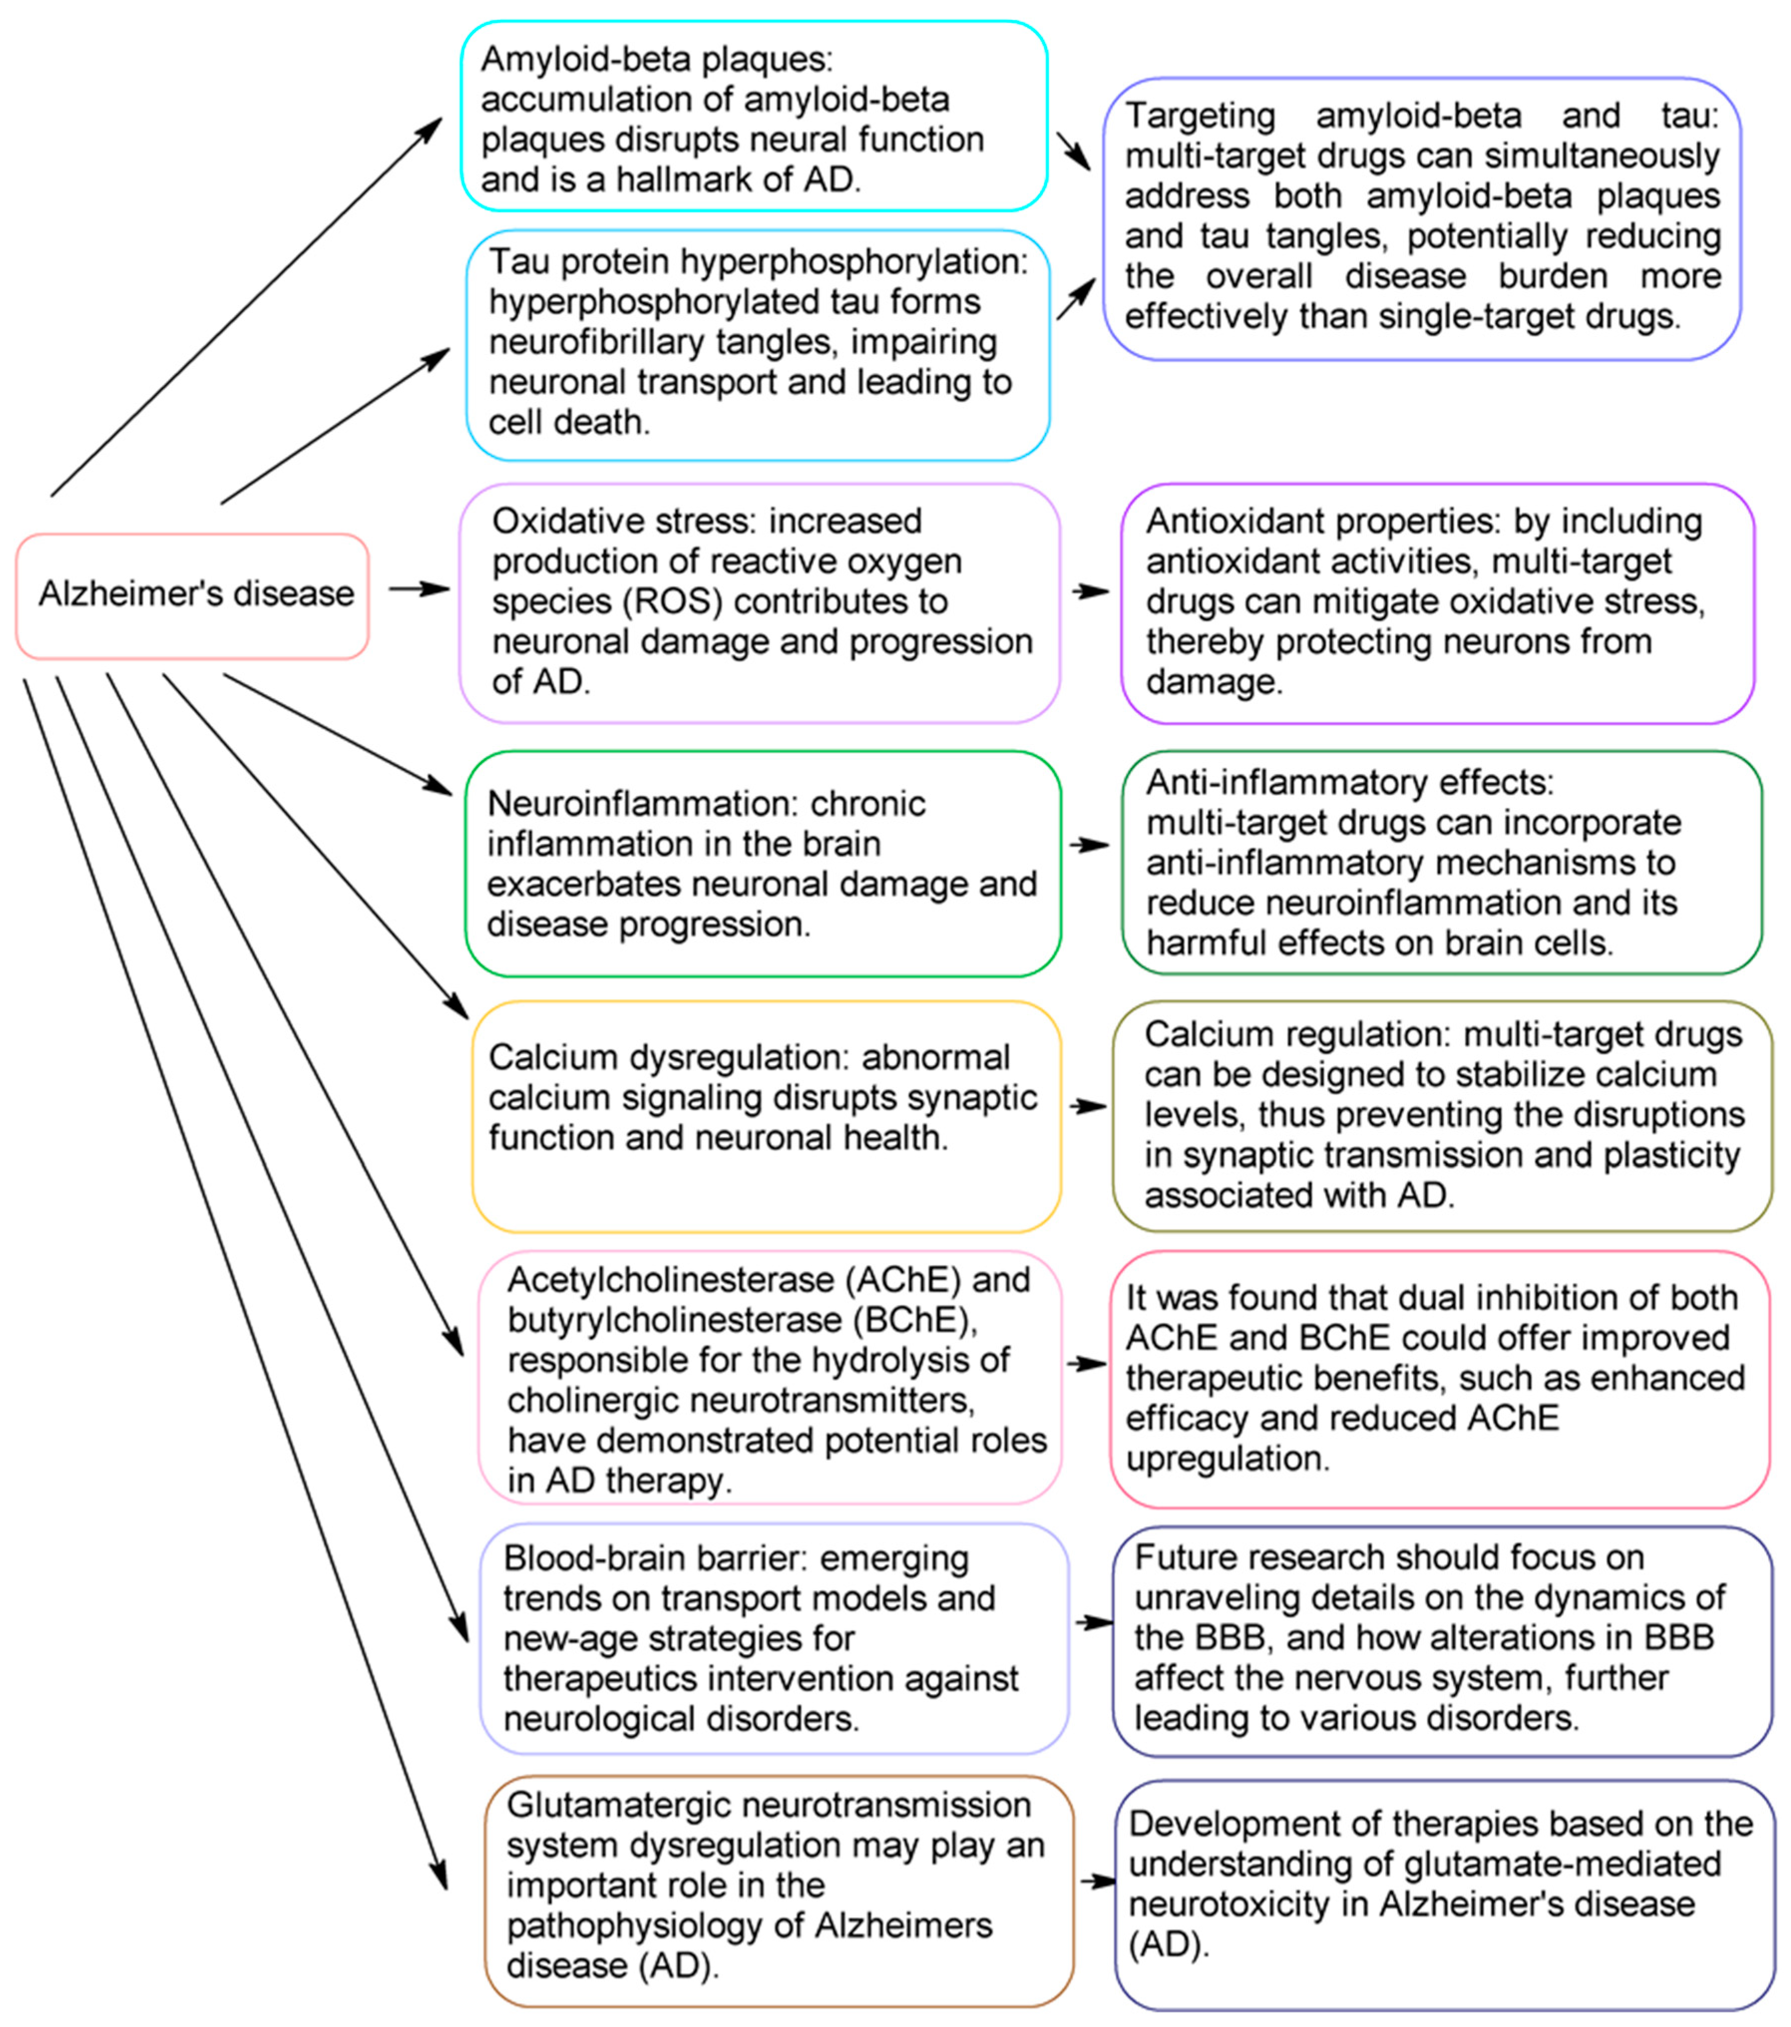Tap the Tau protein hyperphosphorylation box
pos(758,345)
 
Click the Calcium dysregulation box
pos(765,1115)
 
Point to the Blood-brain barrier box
pos(773,1638)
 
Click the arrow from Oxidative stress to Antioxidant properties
pos(1090,591)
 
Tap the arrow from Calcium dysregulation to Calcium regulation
pos(1088,1106)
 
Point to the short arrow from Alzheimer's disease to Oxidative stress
pos(418,589)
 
